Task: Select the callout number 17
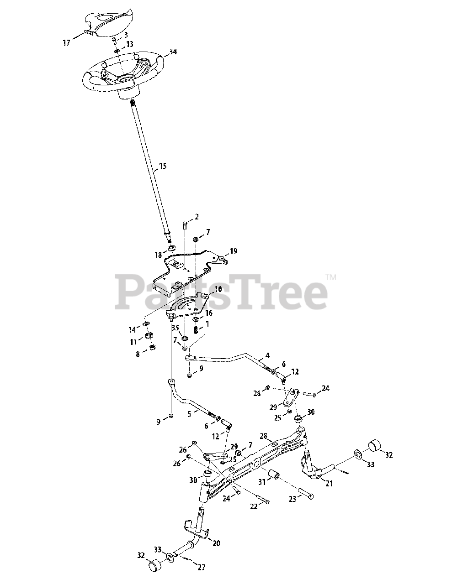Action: point(67,43)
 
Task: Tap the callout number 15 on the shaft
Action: point(162,166)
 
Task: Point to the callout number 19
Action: point(234,250)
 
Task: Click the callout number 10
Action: point(218,289)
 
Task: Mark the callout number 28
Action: point(263,436)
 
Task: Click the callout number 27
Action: point(202,567)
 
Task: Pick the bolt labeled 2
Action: point(184,225)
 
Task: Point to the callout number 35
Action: point(175,327)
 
